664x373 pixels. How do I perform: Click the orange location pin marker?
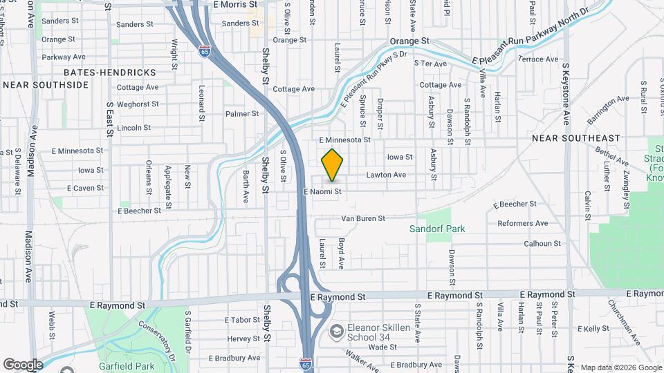click(x=333, y=164)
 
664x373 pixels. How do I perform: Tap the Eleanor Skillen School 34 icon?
click(x=335, y=332)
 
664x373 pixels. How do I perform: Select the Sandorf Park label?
click(x=436, y=229)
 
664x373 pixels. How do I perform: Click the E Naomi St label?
click(x=322, y=191)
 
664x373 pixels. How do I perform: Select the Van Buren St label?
click(x=362, y=218)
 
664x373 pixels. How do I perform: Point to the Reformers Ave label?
click(x=522, y=223)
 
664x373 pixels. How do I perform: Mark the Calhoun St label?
click(x=542, y=243)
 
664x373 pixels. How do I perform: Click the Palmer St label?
click(x=241, y=113)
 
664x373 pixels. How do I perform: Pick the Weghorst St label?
click(x=138, y=104)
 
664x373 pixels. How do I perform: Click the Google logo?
click(x=22, y=364)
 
